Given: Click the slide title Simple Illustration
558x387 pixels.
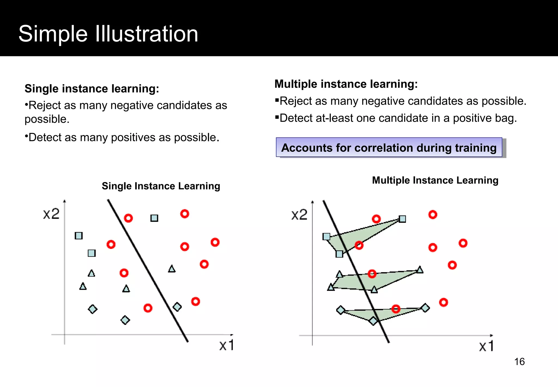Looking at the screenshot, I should (x=108, y=34).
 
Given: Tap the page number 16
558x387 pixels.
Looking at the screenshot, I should (x=519, y=362).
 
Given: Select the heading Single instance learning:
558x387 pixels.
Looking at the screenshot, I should (x=92, y=89).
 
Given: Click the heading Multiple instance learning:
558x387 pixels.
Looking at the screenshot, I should (x=346, y=84).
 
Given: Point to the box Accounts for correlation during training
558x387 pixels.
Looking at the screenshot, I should (x=389, y=148).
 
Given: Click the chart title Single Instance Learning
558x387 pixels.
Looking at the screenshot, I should (x=161, y=186).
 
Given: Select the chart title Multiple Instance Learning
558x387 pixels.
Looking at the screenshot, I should (x=435, y=180).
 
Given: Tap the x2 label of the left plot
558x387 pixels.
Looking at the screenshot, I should (x=51, y=214).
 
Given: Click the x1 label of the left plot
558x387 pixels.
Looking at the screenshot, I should (x=227, y=346).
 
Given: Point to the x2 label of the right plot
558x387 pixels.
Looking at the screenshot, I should (x=299, y=215).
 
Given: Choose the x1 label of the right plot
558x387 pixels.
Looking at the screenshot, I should (x=487, y=346).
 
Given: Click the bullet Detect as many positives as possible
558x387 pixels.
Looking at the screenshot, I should (x=122, y=138).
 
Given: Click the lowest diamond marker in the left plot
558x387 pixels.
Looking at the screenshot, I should (x=125, y=320).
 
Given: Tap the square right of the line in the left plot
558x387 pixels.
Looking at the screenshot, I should (x=154, y=218).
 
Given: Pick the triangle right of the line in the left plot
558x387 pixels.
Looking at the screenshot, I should (x=172, y=269).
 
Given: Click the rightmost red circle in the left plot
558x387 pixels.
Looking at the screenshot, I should (x=215, y=242).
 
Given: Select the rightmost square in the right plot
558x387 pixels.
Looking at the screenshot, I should (x=402, y=219).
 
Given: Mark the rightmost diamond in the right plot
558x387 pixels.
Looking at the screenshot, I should (x=425, y=308).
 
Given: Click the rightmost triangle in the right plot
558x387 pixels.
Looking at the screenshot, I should (x=420, y=270).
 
